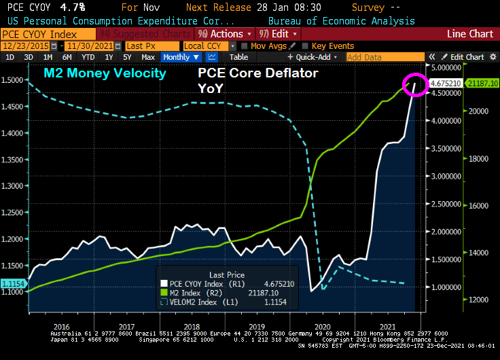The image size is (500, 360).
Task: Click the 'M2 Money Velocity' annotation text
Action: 105,73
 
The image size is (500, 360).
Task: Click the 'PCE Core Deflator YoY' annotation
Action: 257,79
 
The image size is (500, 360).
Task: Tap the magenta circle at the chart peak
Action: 415,85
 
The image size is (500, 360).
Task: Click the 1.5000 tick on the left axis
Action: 12,80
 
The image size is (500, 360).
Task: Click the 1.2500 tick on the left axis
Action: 12,213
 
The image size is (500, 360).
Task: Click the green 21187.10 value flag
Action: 483,83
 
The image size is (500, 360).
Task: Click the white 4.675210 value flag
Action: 446,83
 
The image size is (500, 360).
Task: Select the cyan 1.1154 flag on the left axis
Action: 14,283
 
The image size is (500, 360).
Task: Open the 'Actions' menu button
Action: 225,33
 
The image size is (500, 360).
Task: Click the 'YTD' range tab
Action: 88,57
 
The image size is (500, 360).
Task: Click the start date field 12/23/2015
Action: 30,46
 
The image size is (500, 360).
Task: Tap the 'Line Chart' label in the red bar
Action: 470,33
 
